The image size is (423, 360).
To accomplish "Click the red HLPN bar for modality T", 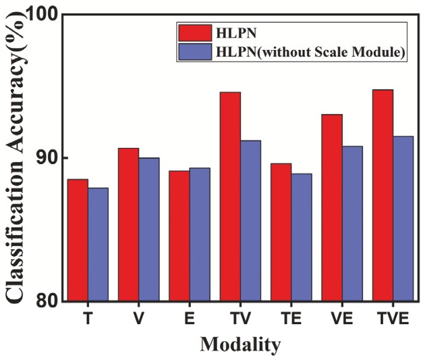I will click(78, 240).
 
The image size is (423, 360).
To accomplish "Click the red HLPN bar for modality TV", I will click(230, 197).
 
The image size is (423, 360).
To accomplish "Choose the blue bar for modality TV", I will click(250, 220).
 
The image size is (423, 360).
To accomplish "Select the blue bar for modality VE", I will click(352, 223).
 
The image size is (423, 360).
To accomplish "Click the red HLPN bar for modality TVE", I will click(383, 195).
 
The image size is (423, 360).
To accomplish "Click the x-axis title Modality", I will click(240, 344).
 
